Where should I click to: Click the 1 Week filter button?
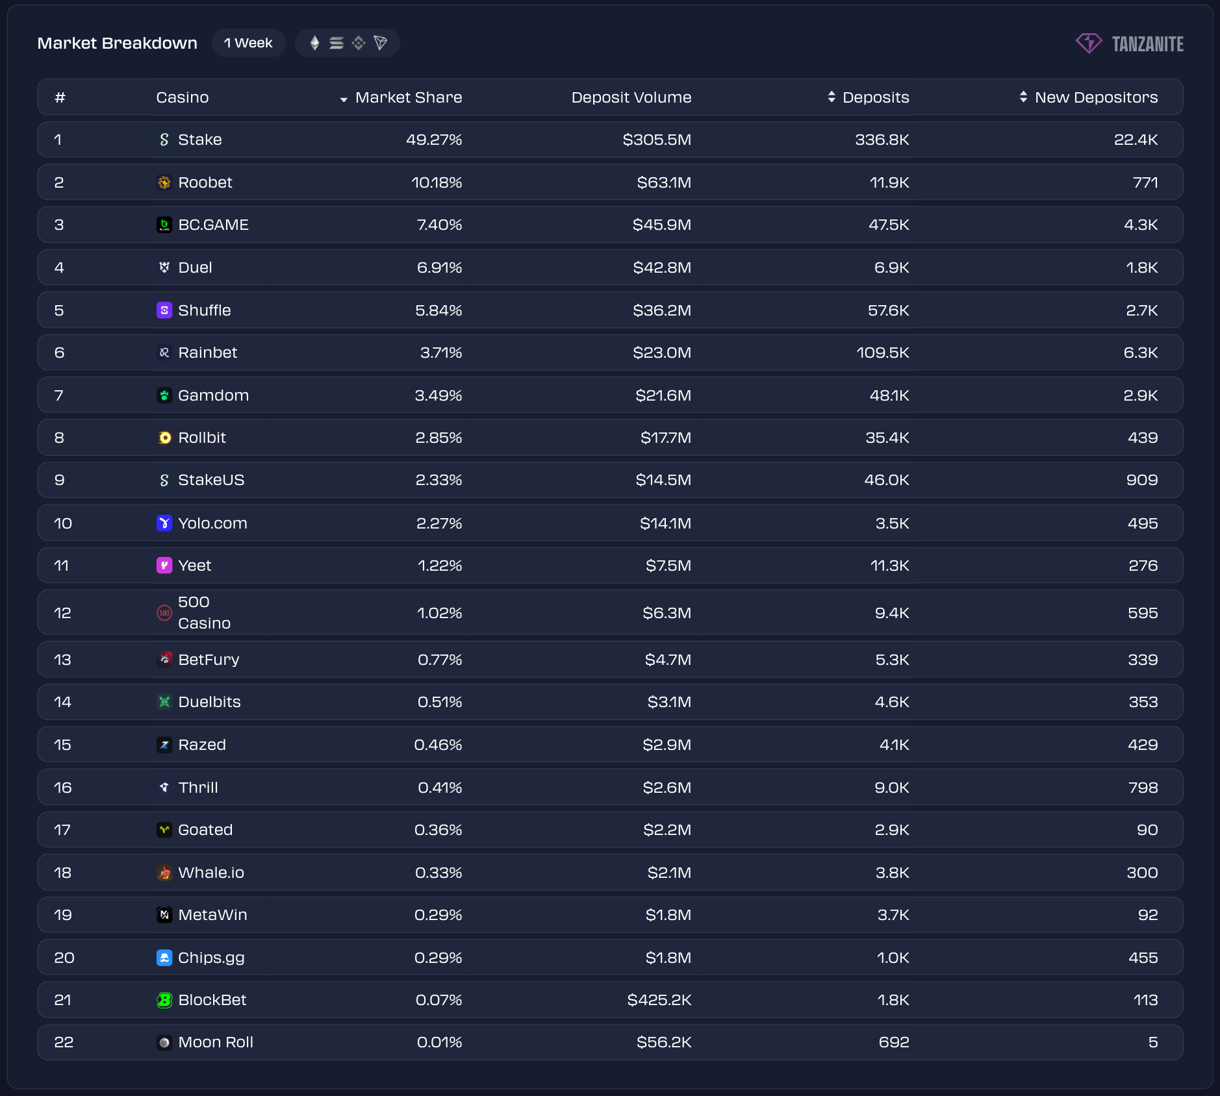tap(248, 43)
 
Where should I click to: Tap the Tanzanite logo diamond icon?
tap(1089, 44)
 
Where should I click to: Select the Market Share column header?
tap(408, 97)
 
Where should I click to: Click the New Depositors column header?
tap(1095, 97)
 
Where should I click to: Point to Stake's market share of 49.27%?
tap(433, 140)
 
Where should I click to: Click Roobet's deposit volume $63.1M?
tap(663, 182)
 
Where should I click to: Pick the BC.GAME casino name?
tap(213, 225)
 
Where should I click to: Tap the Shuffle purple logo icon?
tap(164, 310)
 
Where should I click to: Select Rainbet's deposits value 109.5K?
tap(882, 353)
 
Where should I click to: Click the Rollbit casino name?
tap(201, 438)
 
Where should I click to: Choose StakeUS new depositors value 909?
tap(1141, 480)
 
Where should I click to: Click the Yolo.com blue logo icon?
tap(164, 523)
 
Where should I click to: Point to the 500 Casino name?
tap(203, 612)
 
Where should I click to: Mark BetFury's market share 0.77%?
tap(439, 660)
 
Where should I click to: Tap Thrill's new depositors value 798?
tap(1143, 788)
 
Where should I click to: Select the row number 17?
tap(62, 830)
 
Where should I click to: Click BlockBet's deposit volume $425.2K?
tap(659, 1000)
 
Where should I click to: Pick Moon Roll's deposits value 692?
tap(893, 1042)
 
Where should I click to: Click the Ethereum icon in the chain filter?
tap(314, 43)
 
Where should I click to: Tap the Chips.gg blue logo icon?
tap(164, 958)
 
